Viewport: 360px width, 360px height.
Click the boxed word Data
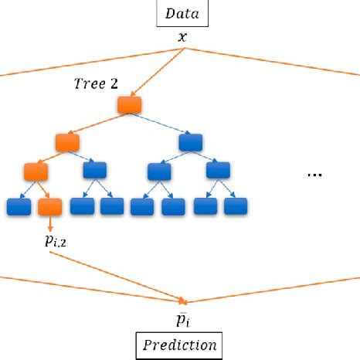[182, 12]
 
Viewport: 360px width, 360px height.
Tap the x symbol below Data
[182, 36]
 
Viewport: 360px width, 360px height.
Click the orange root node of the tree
[129, 104]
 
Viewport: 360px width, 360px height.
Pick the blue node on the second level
[190, 142]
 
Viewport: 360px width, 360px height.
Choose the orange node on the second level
[67, 142]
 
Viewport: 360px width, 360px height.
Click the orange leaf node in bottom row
[49, 206]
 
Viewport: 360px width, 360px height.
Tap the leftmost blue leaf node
[18, 206]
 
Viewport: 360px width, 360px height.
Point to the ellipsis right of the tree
[314, 175]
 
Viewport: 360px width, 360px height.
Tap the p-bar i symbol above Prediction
[183, 318]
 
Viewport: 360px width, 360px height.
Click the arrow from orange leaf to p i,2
[49, 224]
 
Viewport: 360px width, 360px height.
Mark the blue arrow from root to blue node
[161, 124]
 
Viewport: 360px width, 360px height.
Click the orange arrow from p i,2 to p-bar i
[116, 276]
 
